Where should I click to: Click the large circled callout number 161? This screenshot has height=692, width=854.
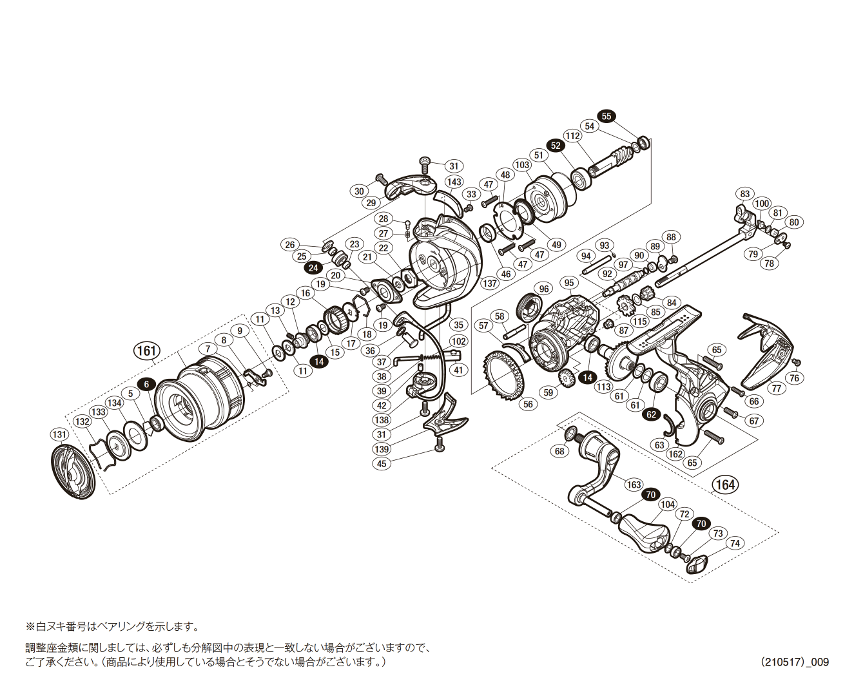(146, 351)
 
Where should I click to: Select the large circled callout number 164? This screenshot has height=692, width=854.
(725, 485)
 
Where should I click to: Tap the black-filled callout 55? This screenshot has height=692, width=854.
(607, 116)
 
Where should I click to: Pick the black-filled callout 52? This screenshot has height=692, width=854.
(556, 146)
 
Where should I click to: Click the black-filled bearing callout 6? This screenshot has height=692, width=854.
(147, 384)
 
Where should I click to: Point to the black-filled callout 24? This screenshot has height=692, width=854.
(313, 268)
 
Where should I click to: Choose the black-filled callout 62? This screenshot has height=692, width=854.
(652, 414)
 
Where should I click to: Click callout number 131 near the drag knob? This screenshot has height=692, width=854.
(59, 434)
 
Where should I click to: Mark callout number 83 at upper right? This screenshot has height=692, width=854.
(745, 194)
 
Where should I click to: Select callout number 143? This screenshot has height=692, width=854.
(454, 182)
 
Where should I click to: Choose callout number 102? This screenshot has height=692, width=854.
(459, 341)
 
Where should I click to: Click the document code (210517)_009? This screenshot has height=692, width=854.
(794, 662)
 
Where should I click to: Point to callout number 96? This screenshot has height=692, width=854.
(544, 289)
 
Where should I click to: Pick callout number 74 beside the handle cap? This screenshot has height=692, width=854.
(735, 543)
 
